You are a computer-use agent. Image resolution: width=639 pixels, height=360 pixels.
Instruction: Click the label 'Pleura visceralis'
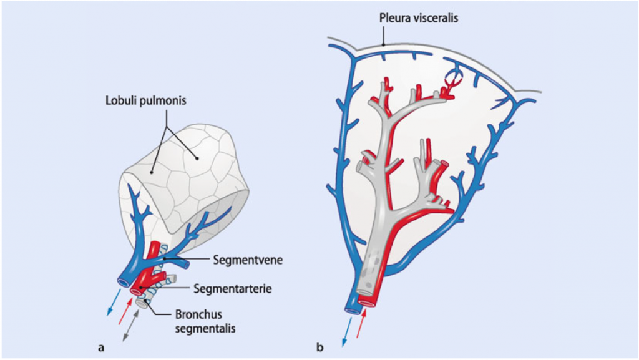[x=418, y=18]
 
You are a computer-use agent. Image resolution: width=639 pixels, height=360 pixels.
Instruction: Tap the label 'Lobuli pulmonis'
[x=146, y=100]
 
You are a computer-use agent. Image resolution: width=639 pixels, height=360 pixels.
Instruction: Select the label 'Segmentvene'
[x=248, y=260]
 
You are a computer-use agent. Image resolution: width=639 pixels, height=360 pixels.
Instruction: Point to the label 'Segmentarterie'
[x=232, y=289]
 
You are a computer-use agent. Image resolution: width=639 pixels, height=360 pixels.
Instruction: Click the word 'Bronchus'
[x=199, y=315]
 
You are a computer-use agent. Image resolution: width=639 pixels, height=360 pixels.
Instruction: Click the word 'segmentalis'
[x=205, y=328]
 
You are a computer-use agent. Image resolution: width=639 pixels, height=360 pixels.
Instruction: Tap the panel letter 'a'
[x=101, y=348]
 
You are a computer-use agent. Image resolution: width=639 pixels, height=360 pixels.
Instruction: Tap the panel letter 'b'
[x=320, y=347]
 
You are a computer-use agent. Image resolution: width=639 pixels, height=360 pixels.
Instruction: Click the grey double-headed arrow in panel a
[x=131, y=325]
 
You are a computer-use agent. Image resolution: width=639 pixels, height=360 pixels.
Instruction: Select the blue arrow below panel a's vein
[x=114, y=302]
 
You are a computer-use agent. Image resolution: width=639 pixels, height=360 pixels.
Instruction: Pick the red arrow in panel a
[x=125, y=311]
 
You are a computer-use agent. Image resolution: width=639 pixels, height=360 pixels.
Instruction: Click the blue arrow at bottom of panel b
[x=347, y=333]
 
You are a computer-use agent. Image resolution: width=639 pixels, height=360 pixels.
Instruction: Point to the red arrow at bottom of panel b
[x=361, y=324]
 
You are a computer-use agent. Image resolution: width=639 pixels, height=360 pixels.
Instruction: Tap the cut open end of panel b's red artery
[x=367, y=303]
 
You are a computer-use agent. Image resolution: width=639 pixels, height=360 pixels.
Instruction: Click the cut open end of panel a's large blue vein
[x=123, y=282]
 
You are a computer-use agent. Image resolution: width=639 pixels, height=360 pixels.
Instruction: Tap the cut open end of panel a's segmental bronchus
[x=142, y=303]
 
